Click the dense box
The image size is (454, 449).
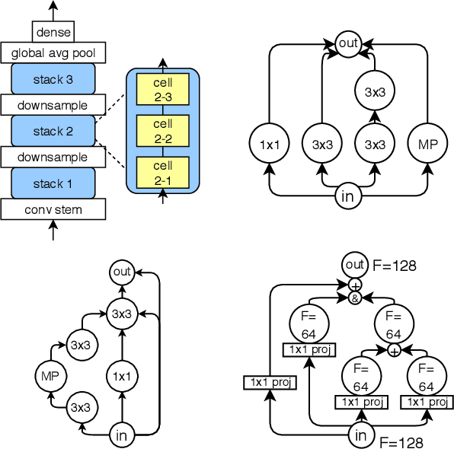53,32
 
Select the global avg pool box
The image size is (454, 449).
53,53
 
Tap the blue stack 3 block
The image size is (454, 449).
53,79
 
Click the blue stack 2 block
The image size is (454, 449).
53,131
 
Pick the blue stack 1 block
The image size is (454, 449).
53,183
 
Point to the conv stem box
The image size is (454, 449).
53,209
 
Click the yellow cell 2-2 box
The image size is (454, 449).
162,129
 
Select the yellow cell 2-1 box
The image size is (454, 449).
162,171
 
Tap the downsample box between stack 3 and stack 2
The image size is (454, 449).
53,105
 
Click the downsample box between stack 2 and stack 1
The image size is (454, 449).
53,157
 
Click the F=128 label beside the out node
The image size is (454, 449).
395,266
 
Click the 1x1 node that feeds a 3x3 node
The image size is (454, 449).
121,374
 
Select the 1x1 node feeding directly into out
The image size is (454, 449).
270,143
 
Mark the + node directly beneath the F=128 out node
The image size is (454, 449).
354,285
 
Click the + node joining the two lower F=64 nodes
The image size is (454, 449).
394,351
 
